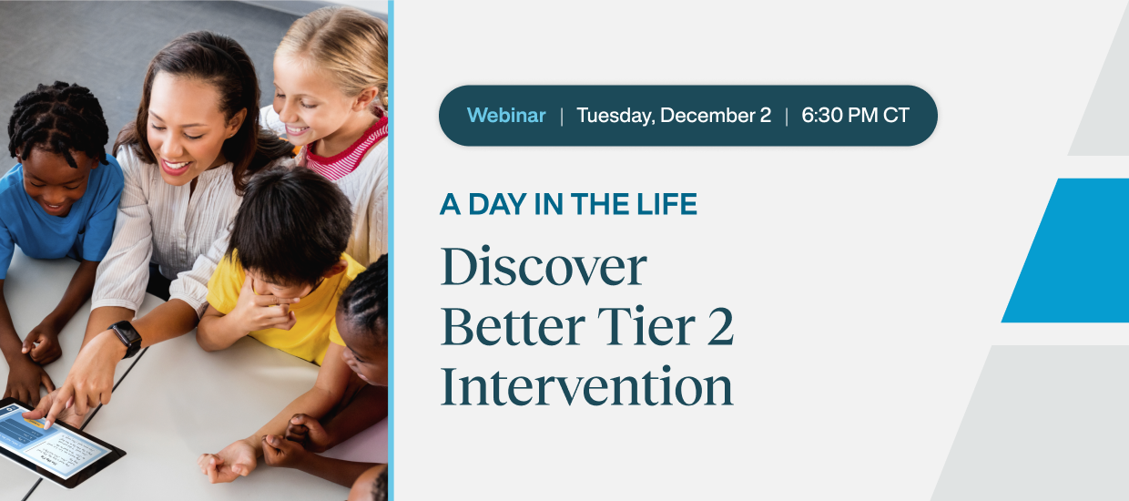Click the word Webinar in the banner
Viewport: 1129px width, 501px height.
coord(506,116)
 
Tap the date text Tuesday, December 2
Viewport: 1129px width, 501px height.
coord(674,116)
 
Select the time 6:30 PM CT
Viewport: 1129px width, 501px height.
coord(855,116)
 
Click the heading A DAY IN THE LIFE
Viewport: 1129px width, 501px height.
coord(568,204)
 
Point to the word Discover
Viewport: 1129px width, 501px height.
coord(544,266)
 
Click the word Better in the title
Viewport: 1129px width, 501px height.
coord(513,327)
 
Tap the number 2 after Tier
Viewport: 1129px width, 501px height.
coord(720,327)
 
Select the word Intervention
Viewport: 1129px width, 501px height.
coord(586,386)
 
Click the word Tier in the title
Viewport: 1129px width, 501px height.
coord(646,327)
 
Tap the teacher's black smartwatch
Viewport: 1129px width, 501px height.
coord(126,339)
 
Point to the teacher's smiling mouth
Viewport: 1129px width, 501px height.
coord(176,166)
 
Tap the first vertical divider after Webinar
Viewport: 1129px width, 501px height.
coord(562,116)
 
